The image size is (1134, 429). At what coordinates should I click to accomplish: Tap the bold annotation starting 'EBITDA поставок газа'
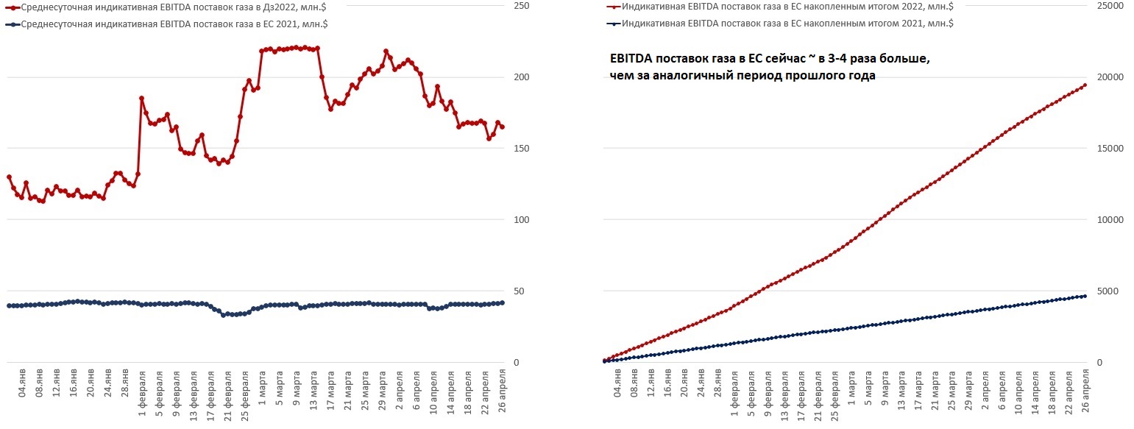[x=770, y=67]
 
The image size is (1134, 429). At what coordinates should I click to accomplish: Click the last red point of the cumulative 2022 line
[x=1085, y=85]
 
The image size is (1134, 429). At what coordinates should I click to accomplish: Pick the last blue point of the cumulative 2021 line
[x=1085, y=296]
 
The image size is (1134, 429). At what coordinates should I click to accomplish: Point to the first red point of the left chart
[x=9, y=177]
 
